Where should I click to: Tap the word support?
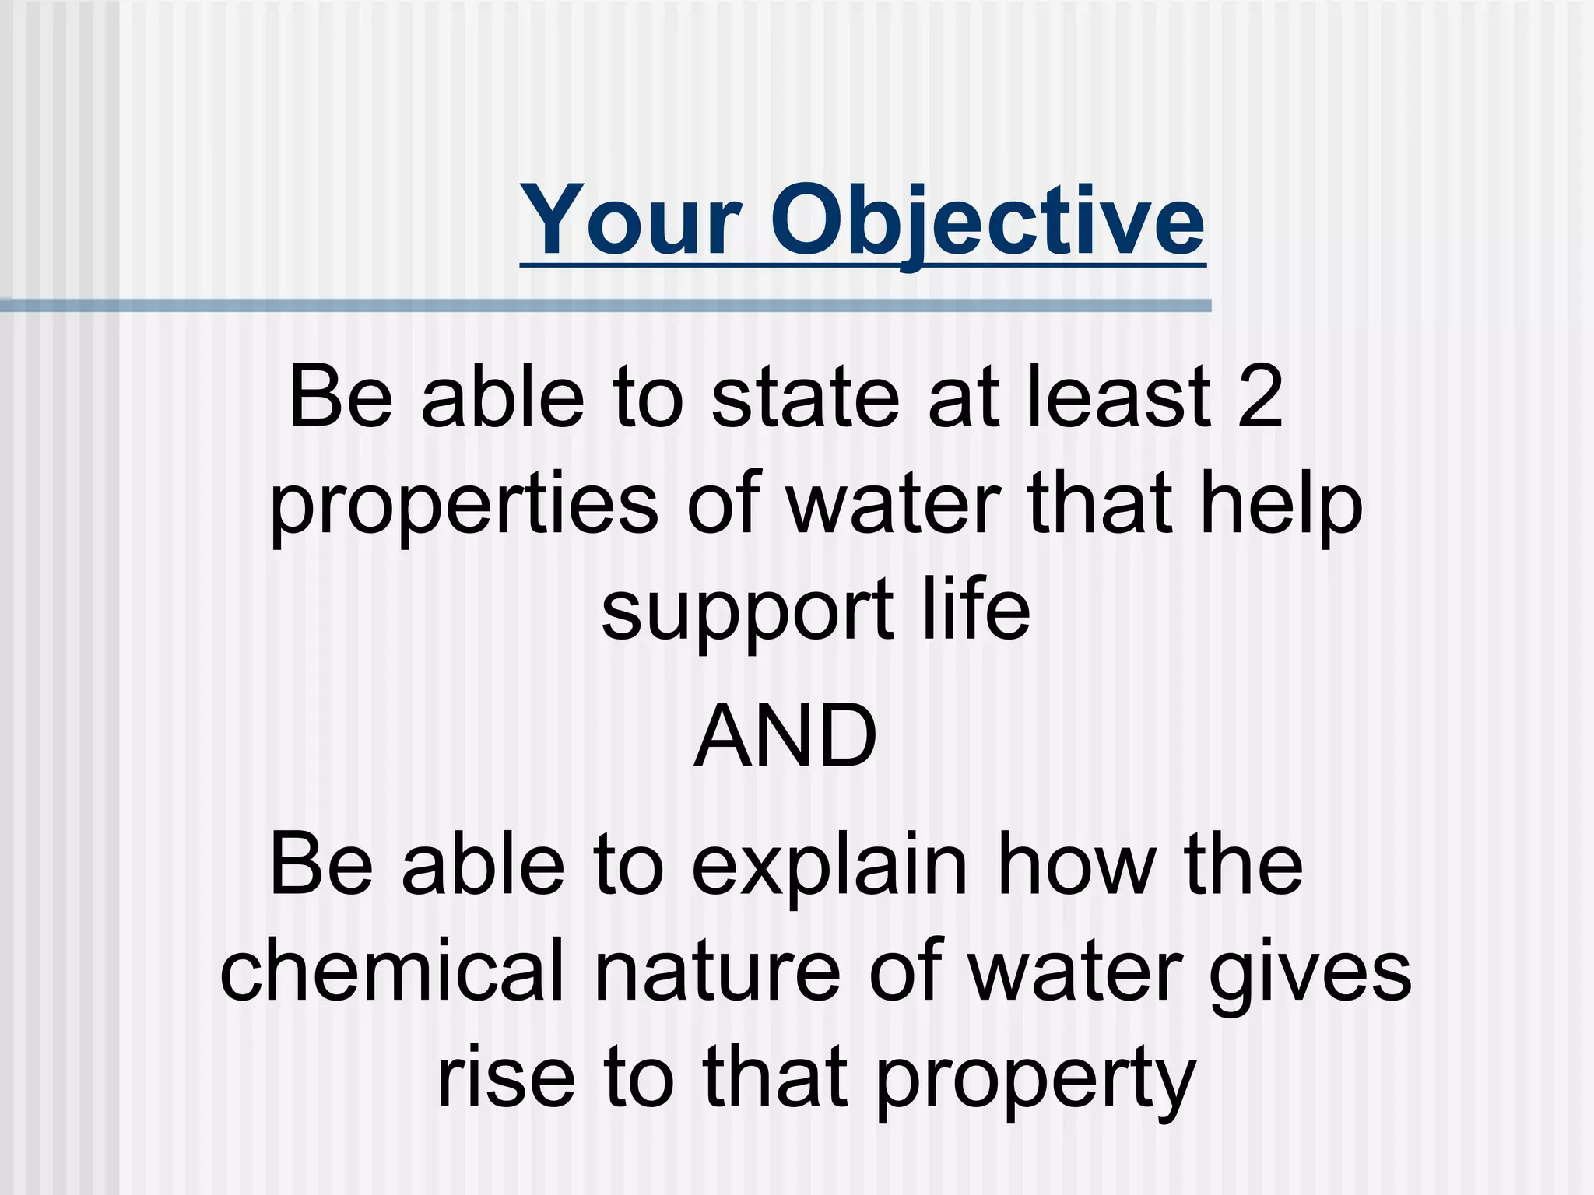point(747,612)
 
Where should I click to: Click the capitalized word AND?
point(785,736)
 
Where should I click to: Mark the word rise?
point(506,1077)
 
